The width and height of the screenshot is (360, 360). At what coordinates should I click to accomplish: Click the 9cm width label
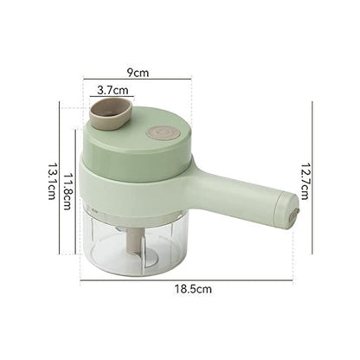click(138, 72)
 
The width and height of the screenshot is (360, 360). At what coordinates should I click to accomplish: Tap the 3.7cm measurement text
click(113, 89)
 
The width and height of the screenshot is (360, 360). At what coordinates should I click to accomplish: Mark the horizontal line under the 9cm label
click(138, 80)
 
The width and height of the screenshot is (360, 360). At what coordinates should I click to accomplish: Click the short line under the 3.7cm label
click(113, 97)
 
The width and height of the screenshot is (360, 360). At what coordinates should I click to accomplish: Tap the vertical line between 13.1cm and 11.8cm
click(61, 178)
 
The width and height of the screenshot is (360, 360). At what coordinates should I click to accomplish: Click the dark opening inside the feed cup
click(112, 110)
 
